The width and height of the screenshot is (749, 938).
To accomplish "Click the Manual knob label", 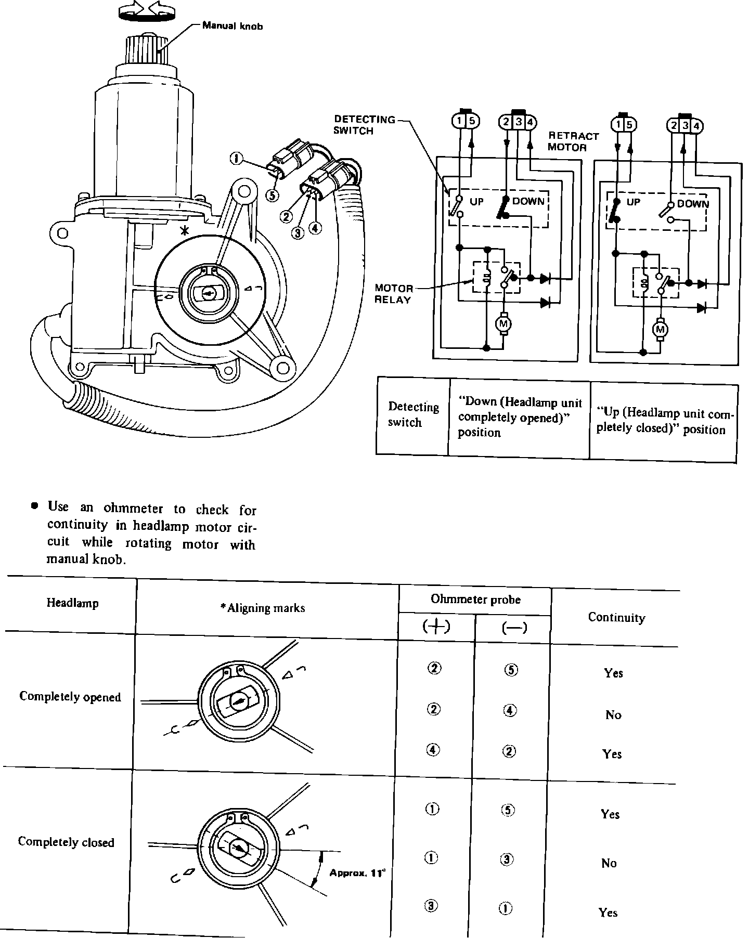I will pos(233,25).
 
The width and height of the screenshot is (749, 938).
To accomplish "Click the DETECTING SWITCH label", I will pos(364,125).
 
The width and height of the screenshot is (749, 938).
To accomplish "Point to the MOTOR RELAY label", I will pos(394,294).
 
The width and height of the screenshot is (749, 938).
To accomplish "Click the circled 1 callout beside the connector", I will pos(236,158).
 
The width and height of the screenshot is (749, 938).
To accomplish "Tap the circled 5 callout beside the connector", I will pos(272,196).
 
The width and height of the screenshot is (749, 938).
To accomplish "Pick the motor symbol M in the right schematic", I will pos(661,330).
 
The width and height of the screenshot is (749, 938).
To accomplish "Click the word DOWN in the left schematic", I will pos(528,201).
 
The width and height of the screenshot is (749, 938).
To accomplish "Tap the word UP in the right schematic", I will pos(633,202).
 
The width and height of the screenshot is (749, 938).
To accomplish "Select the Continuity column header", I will pos(616,617).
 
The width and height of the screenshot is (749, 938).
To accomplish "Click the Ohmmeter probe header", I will pos(475,600).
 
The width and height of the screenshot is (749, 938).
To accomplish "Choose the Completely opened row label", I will pos(70,697).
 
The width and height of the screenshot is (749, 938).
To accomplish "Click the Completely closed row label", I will pos(66,842).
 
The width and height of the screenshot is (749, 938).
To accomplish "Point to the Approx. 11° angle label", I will pos(357,873).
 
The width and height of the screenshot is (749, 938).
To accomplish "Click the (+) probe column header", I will pos(437,627).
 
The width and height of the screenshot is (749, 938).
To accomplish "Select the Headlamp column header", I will pos(72,603).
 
